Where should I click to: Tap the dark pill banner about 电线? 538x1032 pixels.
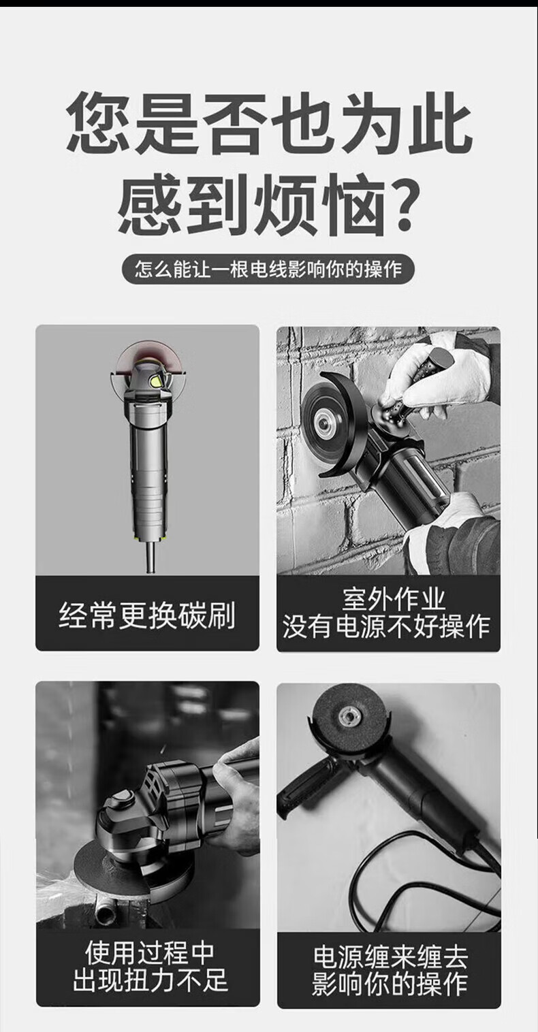pos(268,269)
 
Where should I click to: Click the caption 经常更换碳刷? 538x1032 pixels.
pos(147,615)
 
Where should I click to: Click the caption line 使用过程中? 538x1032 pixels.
pos(149,953)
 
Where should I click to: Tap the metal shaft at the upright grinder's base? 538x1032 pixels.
pos(151,557)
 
